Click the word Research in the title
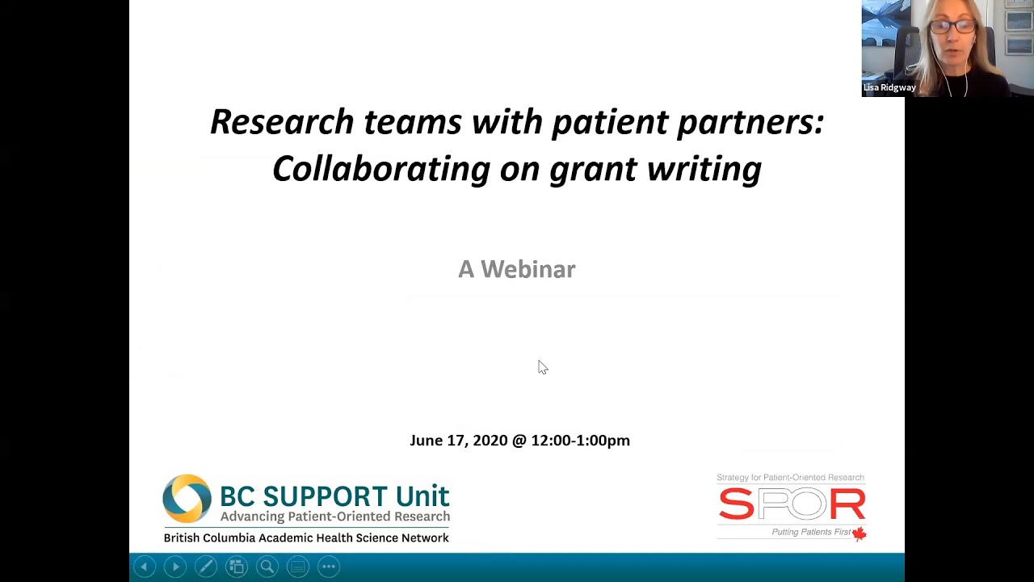(281, 122)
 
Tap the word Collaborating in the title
(380, 169)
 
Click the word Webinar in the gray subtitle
(528, 269)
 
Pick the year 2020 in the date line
(490, 441)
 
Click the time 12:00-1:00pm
(580, 441)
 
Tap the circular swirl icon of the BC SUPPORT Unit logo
(187, 499)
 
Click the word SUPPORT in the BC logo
(326, 496)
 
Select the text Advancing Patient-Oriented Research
(334, 517)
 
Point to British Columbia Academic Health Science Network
(306, 538)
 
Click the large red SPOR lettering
(792, 505)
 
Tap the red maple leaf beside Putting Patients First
(859, 533)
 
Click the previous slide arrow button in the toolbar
(145, 567)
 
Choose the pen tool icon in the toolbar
(205, 567)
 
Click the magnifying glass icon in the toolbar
(267, 567)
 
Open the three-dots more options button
(328, 567)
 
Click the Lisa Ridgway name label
(889, 87)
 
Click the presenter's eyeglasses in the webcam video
(952, 27)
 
